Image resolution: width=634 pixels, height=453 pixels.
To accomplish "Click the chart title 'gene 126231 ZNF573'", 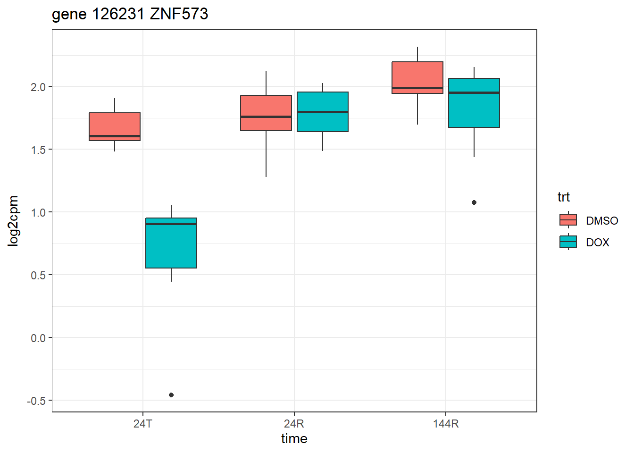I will pos(130,14).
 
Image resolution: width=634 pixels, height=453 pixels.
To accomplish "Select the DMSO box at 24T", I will pos(115,126).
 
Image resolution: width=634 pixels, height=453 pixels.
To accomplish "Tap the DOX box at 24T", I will pos(171,243).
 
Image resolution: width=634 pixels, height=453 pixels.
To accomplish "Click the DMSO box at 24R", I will pos(266,113).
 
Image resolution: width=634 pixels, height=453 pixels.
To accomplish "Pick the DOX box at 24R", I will pos(323,112).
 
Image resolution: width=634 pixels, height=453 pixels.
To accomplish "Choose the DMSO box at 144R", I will pos(417,77).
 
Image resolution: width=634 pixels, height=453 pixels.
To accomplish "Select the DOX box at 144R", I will pos(474,103).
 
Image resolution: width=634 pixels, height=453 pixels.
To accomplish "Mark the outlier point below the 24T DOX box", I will pos(171,395).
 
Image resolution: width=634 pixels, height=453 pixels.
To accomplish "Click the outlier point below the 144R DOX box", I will pos(474,202).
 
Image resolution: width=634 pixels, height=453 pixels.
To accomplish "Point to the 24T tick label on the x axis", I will pos(143,423).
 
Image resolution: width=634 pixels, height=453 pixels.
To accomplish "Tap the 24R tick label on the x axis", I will pos(294,423).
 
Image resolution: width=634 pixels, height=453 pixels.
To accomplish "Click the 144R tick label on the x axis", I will pos(446,423).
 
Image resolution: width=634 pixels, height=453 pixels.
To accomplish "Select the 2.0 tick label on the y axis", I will pos(38,87).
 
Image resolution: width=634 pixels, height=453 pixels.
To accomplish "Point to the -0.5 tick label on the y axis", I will pos(36,401).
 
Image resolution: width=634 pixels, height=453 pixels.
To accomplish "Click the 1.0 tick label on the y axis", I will pos(38,212).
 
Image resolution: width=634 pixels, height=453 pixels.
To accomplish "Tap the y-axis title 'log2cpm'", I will pos(13,221).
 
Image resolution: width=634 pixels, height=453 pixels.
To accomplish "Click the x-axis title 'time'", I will pos(294,439).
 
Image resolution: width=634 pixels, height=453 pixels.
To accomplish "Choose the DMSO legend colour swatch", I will pos(568,220).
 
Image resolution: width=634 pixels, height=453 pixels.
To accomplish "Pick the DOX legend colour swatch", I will pos(568,242).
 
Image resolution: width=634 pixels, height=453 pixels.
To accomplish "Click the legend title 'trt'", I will pos(563,197).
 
